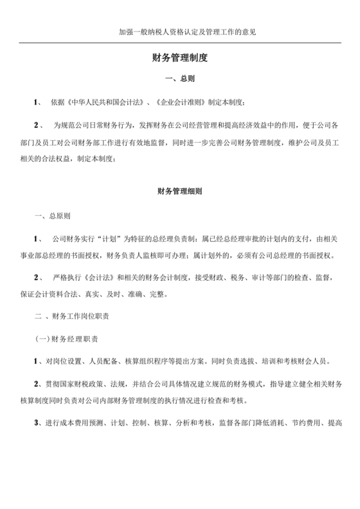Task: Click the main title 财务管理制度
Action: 180,57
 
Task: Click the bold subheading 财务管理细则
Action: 180,191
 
